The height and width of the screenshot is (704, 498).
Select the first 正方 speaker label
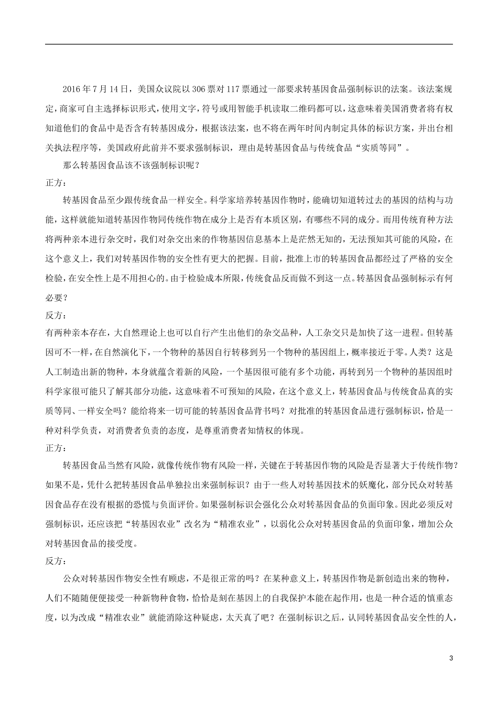pos(56,182)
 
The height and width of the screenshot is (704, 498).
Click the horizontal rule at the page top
pos(249,44)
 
